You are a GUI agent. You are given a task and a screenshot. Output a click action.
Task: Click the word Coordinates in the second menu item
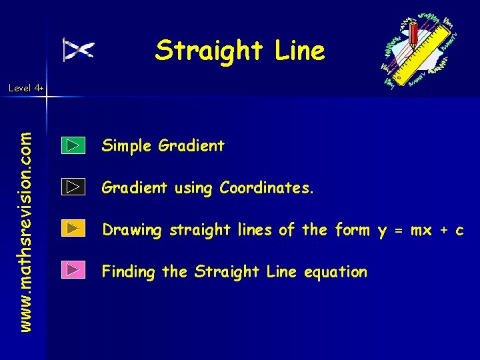pos(266,188)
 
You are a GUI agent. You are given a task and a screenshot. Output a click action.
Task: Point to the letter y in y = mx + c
pos(383,231)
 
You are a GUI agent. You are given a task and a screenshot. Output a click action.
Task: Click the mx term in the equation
pos(421,231)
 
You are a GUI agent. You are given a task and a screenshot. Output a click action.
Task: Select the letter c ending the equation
pos(459,231)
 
